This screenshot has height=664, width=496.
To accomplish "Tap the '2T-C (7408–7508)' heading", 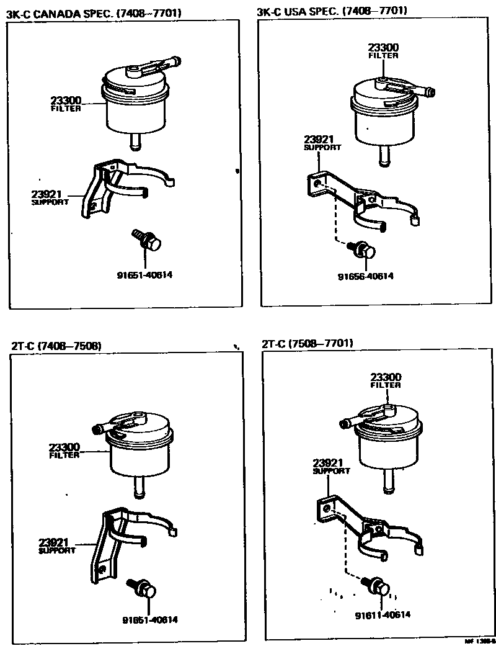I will click(56, 346).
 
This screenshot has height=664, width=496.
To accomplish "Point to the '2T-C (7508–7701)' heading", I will click(308, 343).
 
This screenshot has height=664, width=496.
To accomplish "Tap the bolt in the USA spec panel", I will click(365, 250).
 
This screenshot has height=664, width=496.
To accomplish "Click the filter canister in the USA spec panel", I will click(385, 118).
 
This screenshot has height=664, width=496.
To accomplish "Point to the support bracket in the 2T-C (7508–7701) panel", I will click(372, 527).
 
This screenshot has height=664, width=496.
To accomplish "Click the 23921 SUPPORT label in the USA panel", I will click(322, 143).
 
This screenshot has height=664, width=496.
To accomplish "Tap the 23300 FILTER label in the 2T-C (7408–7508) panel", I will click(64, 451).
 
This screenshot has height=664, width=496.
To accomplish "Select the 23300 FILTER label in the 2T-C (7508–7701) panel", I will click(386, 380).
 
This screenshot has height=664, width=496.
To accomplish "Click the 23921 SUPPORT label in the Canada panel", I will click(49, 197).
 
